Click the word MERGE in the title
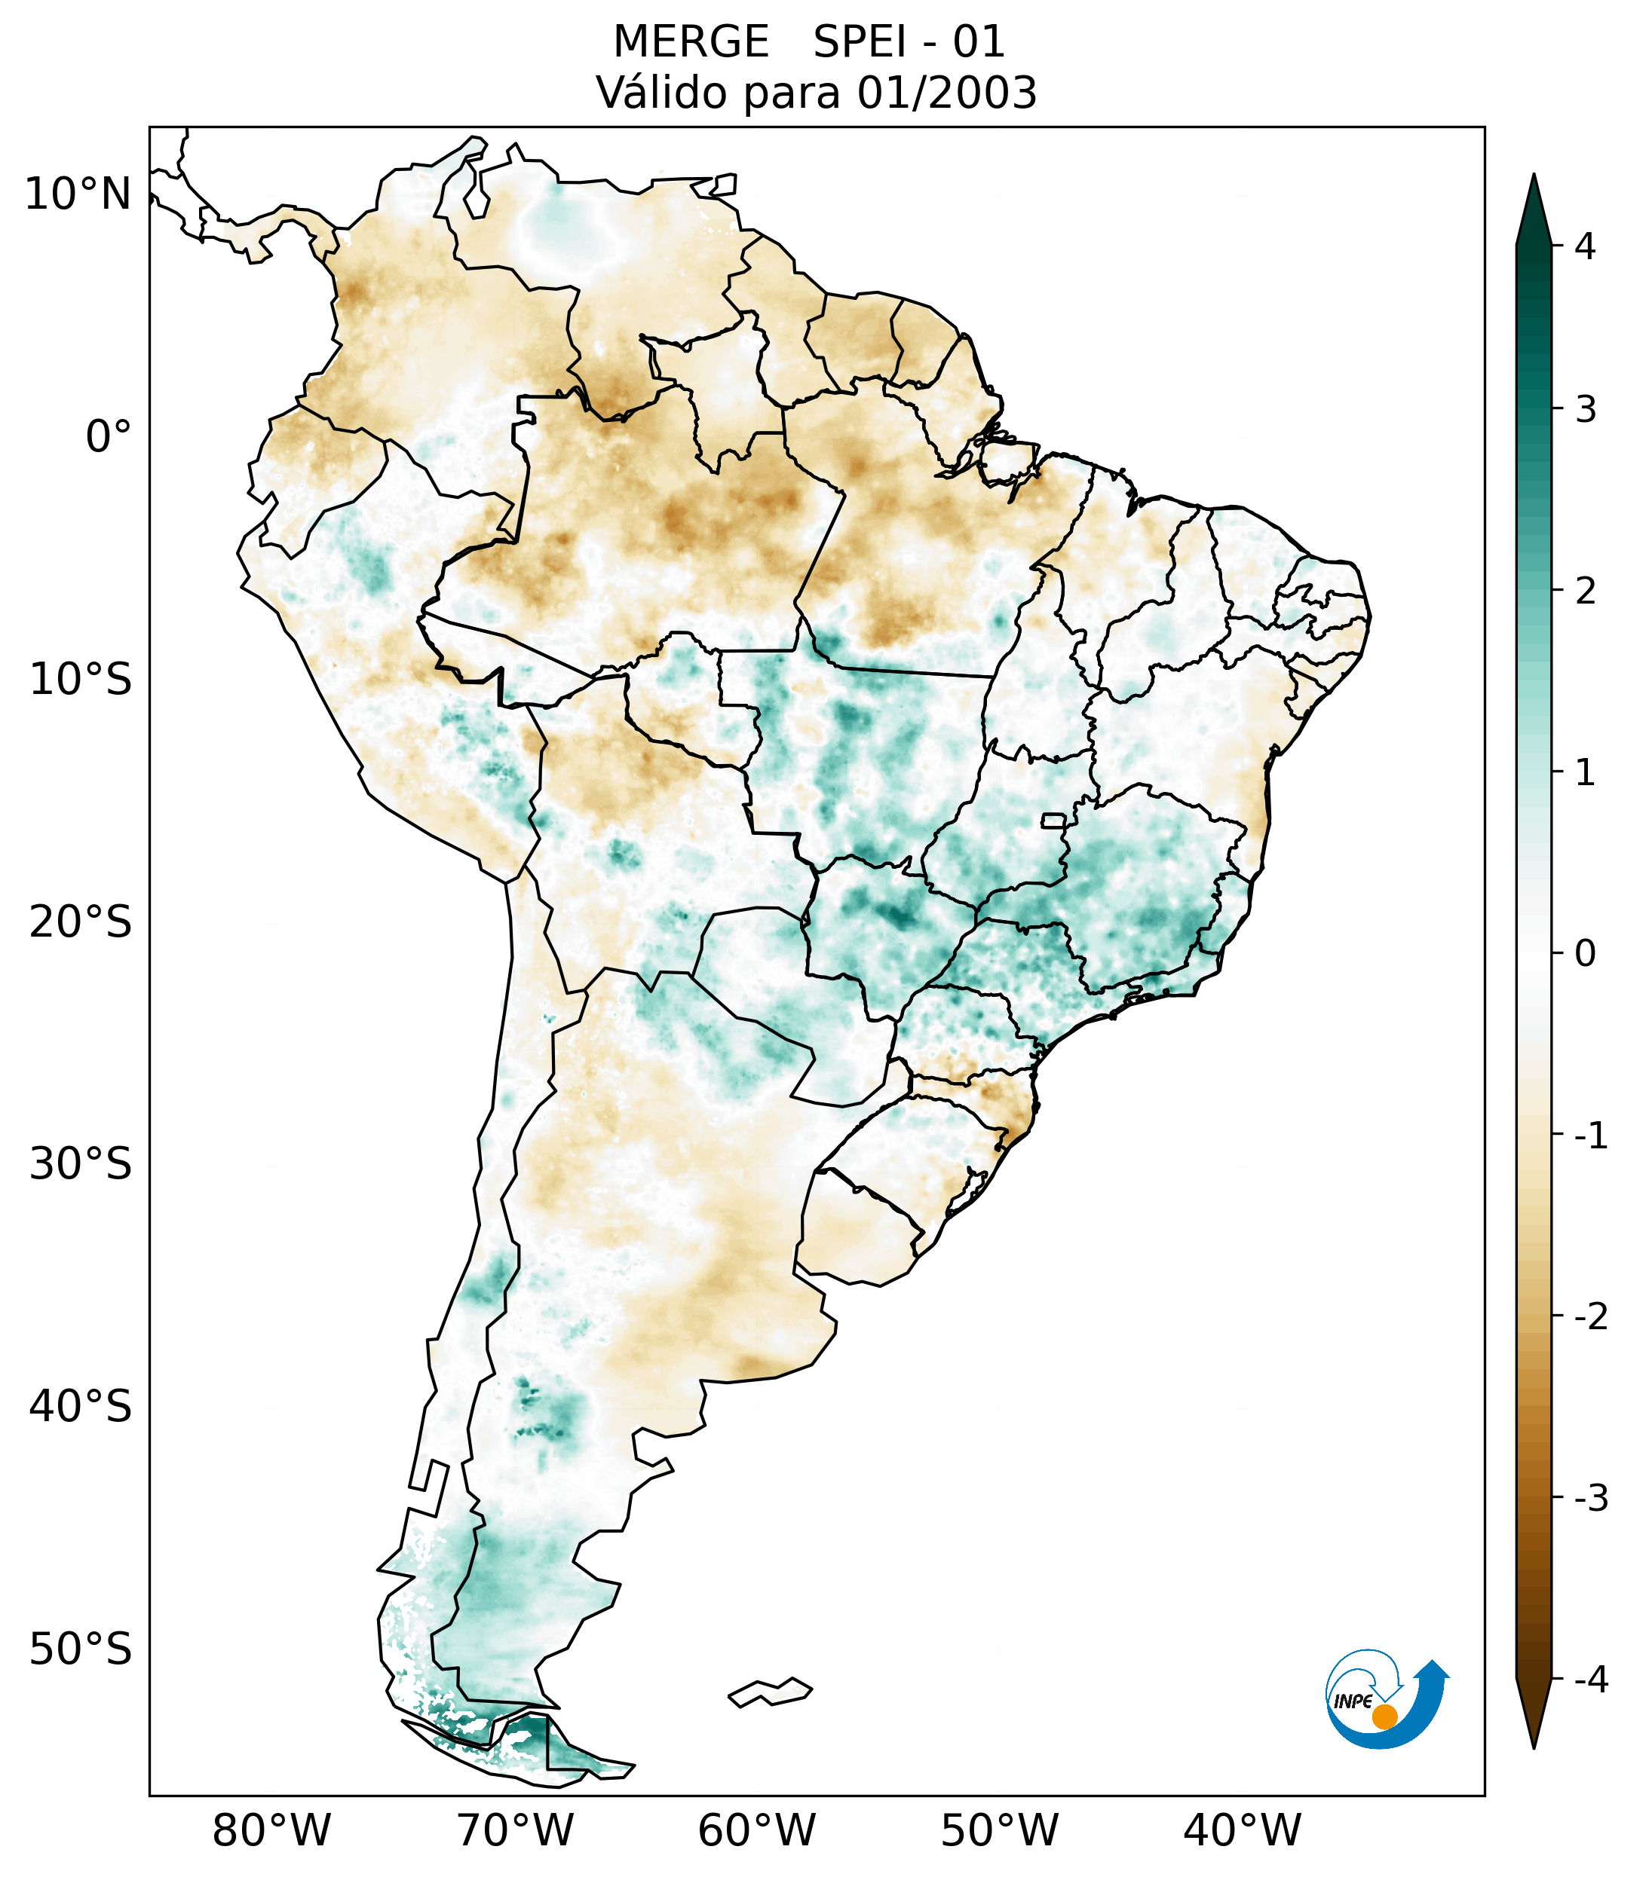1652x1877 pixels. coord(691,42)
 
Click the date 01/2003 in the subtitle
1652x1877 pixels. coord(947,93)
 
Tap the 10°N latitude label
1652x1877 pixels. coord(78,194)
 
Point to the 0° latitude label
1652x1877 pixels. coord(109,437)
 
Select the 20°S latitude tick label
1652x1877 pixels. coord(81,922)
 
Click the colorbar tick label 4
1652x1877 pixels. coord(1585,246)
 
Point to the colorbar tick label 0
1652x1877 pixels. coord(1585,954)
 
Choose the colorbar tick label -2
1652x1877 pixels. coord(1590,1318)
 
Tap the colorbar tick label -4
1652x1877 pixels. coord(1590,1680)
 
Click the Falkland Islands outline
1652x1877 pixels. coord(770,1692)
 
